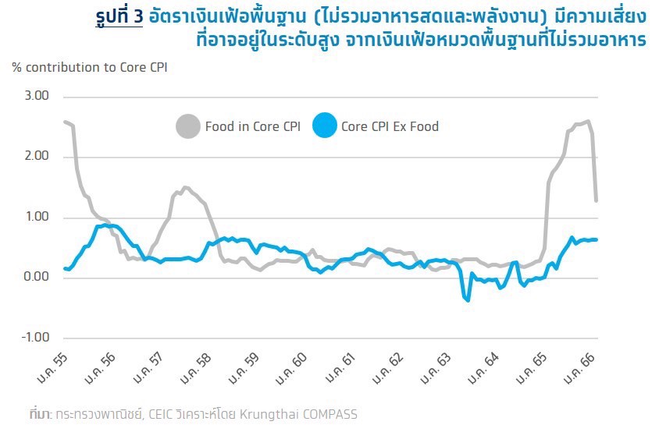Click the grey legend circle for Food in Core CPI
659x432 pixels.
point(187,126)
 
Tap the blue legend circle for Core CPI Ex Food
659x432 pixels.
point(324,126)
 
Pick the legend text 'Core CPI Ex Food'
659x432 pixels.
point(390,126)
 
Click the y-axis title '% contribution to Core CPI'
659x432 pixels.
point(90,67)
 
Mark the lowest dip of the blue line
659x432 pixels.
point(468,300)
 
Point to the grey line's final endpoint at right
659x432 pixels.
point(597,200)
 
